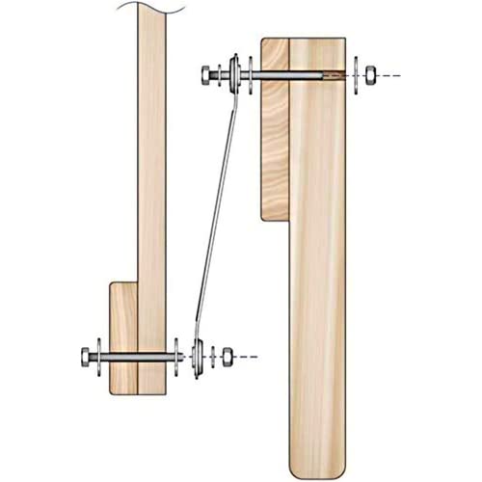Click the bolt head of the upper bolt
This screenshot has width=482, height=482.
(x=207, y=73)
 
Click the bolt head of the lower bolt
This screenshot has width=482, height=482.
(x=87, y=357)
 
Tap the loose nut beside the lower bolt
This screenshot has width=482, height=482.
(x=228, y=356)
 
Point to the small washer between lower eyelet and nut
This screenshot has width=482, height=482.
(x=210, y=356)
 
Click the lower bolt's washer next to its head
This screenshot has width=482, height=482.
(x=100, y=357)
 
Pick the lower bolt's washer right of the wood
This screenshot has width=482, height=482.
(x=178, y=357)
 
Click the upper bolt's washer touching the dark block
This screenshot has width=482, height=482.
(x=252, y=74)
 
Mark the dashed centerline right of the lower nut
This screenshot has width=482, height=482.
(x=247, y=357)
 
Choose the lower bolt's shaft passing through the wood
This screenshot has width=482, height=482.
(x=139, y=357)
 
